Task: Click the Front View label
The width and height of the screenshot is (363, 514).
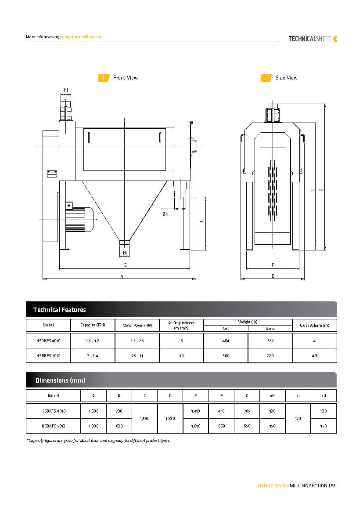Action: click(125, 78)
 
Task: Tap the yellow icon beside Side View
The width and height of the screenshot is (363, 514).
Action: click(266, 78)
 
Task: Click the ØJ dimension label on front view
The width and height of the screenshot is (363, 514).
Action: click(65, 90)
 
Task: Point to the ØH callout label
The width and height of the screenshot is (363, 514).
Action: click(165, 214)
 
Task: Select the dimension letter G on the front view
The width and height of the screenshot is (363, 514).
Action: click(201, 221)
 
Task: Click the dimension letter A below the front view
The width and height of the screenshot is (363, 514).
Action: click(122, 276)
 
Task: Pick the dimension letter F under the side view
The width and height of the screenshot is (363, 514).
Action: click(273, 265)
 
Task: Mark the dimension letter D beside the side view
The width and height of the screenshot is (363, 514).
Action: click(322, 190)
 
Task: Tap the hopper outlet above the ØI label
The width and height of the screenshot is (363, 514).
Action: click(125, 242)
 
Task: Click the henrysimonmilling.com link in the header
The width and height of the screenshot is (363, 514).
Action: click(81, 37)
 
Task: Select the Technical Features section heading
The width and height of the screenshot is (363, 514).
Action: click(60, 310)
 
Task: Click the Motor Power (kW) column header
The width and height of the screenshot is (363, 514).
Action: click(137, 326)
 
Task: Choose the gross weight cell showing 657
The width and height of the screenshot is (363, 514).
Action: click(270, 341)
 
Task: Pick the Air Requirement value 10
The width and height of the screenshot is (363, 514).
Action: click(181, 356)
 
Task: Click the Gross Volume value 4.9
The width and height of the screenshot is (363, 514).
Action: click(314, 356)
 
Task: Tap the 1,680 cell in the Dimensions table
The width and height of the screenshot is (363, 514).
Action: click(93, 411)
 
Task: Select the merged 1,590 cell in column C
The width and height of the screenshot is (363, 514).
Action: click(144, 419)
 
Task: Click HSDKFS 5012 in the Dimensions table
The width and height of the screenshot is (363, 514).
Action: click(54, 426)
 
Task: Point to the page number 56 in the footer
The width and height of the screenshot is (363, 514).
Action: click(334, 485)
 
